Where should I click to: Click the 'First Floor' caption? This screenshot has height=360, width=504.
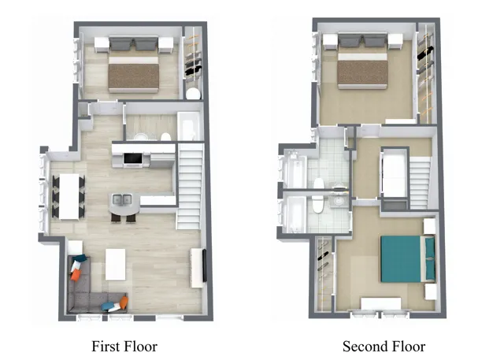tap(124, 347)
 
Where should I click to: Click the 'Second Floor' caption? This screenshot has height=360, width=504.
tap(384, 347)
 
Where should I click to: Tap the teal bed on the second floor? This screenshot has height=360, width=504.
tap(408, 258)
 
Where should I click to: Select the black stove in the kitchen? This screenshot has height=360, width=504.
tap(133, 159)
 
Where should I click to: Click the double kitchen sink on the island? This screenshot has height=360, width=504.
tap(122, 200)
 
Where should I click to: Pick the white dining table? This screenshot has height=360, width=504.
tap(69, 196)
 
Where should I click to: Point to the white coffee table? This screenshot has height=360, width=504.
tap(116, 264)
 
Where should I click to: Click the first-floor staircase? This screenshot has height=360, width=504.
tap(191, 187)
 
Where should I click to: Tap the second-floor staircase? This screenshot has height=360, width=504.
tap(420, 184)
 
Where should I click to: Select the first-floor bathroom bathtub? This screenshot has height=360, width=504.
tap(189, 126)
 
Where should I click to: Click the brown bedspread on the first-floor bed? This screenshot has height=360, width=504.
tap(134, 76)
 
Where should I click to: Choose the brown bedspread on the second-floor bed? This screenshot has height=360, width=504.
tap(362, 72)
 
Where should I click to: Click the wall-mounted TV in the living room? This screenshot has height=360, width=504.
tap(205, 265)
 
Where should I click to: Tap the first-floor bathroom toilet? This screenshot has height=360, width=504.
tap(165, 137)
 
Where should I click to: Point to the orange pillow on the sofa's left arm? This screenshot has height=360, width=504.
tap(76, 274)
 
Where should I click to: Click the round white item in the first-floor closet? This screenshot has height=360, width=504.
tap(193, 94)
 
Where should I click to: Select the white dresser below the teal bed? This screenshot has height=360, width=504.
tap(381, 304)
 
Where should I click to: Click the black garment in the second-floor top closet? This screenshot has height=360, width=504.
tap(425, 53)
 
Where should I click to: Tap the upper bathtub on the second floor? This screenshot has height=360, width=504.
tap(295, 169)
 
